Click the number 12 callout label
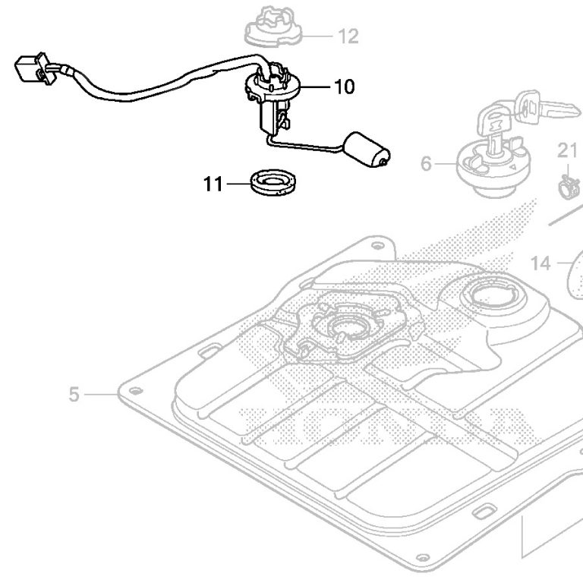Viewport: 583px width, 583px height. pos(348,36)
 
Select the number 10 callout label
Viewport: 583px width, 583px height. pos(344,87)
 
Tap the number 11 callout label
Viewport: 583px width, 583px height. pos(213,183)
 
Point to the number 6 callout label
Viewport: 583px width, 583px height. pos(426,163)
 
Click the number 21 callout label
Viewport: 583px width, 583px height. pos(568,151)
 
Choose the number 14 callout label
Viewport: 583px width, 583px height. pos(540,263)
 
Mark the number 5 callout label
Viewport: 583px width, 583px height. pos(74,395)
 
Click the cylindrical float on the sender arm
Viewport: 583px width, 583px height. pos(368,149)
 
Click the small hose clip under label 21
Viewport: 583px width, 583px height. pos(568,184)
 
